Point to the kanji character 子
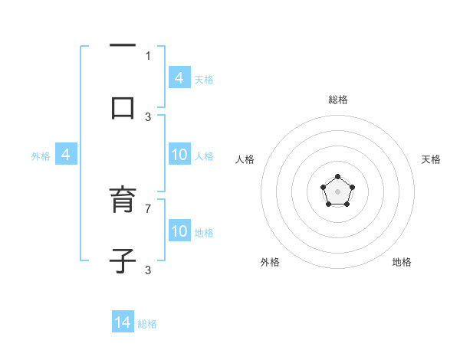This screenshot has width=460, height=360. [123, 260]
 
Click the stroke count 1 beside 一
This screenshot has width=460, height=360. [148, 55]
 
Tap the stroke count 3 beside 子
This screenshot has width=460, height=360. [148, 270]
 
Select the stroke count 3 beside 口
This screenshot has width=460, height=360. [148, 116]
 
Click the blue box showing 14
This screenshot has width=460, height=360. [123, 322]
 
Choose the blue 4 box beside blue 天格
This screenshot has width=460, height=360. [179, 77]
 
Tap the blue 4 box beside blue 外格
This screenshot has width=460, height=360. [66, 155]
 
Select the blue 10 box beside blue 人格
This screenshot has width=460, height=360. [179, 155]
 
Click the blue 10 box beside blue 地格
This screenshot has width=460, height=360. [179, 231]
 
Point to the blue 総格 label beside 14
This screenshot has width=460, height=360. [147, 324]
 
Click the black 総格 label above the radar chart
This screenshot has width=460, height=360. [337, 100]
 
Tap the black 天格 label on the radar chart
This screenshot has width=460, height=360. [431, 159]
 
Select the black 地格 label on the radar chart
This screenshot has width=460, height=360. [402, 262]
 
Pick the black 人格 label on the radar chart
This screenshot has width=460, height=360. [245, 159]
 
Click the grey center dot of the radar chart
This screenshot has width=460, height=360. [337, 191]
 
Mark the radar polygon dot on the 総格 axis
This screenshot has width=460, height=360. [337, 178]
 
